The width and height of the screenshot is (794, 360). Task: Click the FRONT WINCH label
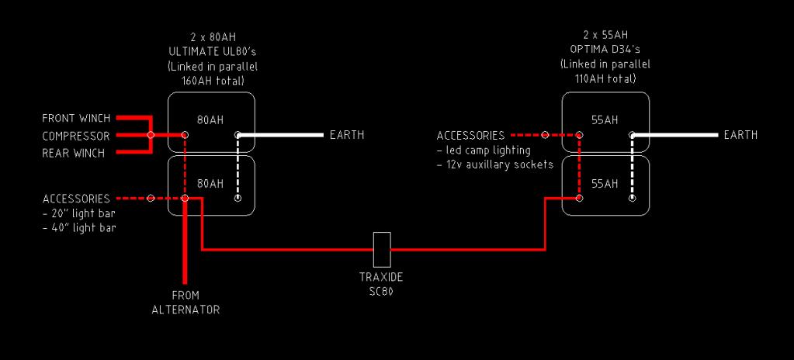click(76, 119)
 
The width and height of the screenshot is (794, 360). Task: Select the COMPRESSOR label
click(76, 136)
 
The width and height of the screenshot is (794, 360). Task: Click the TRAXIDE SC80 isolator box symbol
click(381, 249)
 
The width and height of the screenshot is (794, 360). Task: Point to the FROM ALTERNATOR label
click(185, 303)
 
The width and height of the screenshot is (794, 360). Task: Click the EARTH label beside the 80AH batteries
click(346, 135)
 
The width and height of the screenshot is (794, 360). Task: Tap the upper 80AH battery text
click(210, 120)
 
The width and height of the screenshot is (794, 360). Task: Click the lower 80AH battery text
click(210, 184)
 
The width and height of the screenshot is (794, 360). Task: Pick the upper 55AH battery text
click(605, 120)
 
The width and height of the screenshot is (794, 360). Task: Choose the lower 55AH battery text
click(605, 184)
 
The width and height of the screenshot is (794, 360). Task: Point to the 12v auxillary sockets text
click(495, 164)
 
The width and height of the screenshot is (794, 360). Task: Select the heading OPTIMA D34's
click(605, 51)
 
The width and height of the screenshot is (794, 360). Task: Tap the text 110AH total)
click(605, 79)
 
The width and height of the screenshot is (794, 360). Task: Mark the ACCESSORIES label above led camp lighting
click(470, 136)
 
